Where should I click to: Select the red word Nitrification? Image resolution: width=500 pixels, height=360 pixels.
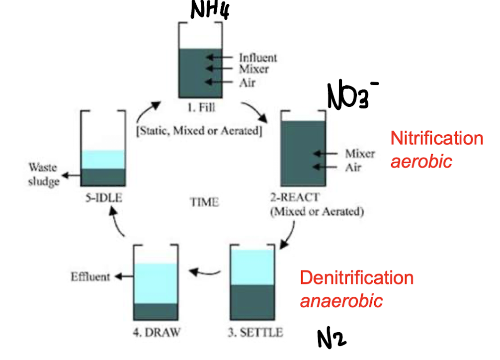coord(436,138)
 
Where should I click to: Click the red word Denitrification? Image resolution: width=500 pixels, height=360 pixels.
coord(356,277)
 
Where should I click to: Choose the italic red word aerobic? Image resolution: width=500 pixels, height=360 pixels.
coord(421,161)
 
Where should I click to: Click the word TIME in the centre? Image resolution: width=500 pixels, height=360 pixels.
coord(204,202)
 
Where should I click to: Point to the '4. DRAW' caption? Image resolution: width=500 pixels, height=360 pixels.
coord(156,331)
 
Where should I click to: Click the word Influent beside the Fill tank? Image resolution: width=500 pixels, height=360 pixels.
coord(258,58)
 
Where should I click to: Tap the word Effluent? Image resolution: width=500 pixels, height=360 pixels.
coord(90,276)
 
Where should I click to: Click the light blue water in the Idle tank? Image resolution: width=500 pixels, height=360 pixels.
coord(103,159)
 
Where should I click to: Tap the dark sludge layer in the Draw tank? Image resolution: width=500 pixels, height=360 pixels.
coord(156,311)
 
